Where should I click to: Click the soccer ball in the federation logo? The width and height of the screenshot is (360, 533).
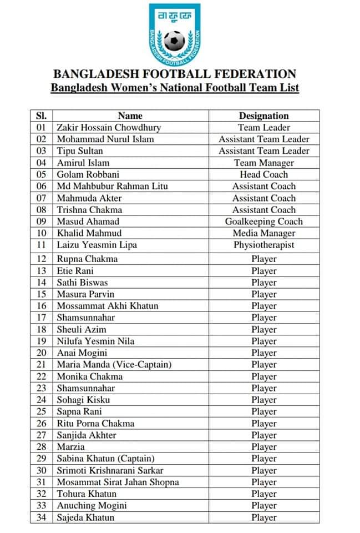[x=174, y=41]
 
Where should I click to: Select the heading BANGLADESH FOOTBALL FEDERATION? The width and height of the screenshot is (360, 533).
[x=174, y=74]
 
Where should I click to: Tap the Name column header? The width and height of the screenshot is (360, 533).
[x=130, y=115]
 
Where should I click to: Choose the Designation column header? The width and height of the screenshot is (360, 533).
[x=263, y=115]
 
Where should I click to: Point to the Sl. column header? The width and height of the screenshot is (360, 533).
[x=41, y=115]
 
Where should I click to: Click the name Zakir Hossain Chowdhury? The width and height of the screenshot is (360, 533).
[x=109, y=128]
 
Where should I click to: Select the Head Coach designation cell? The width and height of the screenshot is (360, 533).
[x=263, y=174]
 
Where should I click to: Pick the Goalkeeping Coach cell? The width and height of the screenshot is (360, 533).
[x=263, y=222]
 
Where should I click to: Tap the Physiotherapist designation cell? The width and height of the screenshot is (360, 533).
[x=263, y=245]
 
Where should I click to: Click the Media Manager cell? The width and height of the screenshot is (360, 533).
[x=263, y=233]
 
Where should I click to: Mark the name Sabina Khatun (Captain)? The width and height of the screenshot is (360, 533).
[x=105, y=459]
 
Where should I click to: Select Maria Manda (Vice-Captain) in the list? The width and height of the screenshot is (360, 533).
[x=114, y=365]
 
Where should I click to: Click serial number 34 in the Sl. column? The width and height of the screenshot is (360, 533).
[x=41, y=517]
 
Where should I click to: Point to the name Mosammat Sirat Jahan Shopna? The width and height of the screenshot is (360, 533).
[x=118, y=482]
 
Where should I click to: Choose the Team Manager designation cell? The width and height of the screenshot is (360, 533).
[x=263, y=163]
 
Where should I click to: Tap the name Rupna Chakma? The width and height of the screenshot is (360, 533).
[x=87, y=259]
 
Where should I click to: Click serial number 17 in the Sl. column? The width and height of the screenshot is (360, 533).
[x=41, y=318]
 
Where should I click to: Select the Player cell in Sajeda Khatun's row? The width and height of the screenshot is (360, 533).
[x=263, y=517]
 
